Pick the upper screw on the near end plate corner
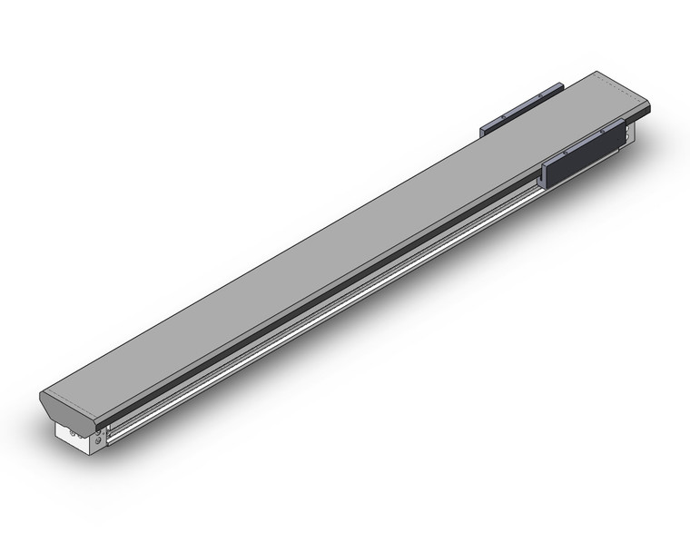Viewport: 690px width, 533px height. point(99,434)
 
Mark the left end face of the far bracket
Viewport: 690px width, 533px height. point(483,133)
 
